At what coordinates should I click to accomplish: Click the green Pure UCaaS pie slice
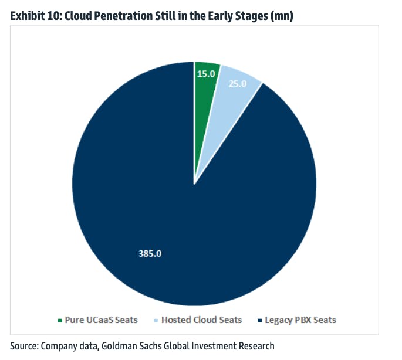(205, 82)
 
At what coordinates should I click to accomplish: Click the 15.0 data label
(206, 74)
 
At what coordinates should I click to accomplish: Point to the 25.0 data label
(237, 83)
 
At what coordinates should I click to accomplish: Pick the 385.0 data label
(150, 254)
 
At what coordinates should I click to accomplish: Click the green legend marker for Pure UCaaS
(59, 320)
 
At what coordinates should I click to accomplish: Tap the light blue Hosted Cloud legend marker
(155, 320)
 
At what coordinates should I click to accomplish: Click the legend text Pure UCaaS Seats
(101, 320)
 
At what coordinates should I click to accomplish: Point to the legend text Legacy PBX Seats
(300, 320)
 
